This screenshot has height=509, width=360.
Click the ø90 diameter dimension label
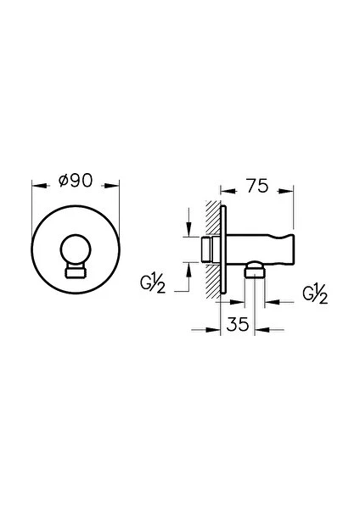click(x=76, y=181)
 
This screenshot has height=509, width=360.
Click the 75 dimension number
click(x=257, y=186)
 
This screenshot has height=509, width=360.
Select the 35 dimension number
click(x=238, y=324)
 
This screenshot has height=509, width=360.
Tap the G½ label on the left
click(x=153, y=284)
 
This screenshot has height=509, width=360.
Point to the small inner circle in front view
click(x=76, y=234)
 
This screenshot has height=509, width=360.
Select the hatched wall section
click(x=213, y=249)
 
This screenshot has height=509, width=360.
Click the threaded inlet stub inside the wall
click(x=206, y=249)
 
